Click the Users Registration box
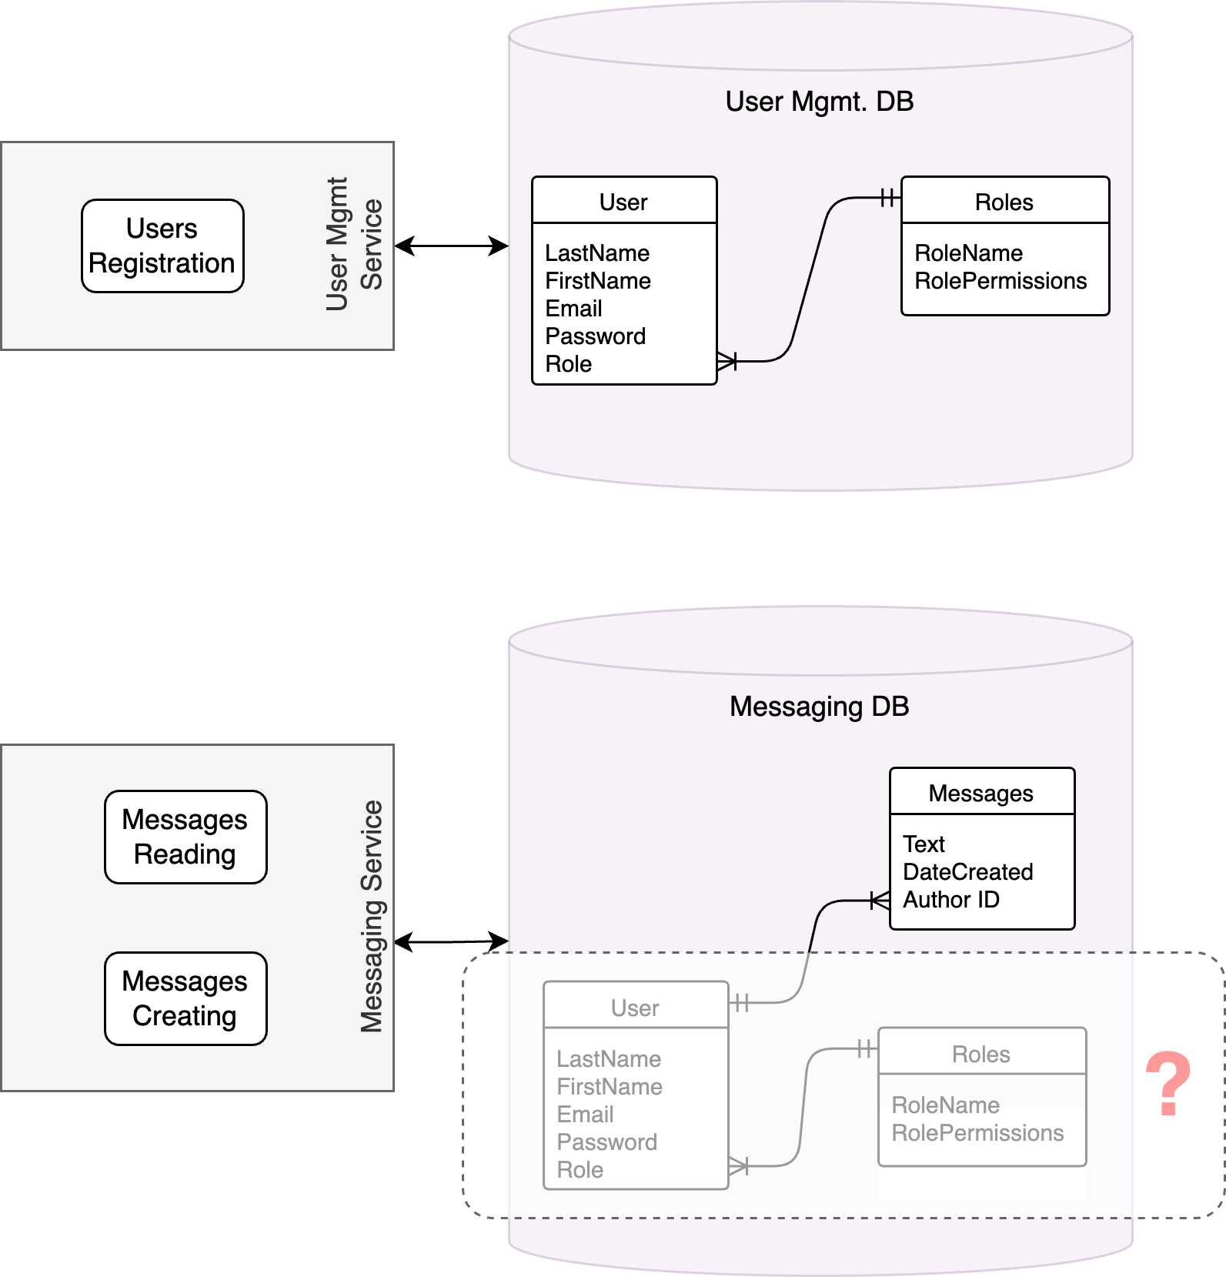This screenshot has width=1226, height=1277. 162,246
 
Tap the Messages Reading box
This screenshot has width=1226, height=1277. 185,837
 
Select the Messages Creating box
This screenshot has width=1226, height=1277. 185,998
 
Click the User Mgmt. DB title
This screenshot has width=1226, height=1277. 819,102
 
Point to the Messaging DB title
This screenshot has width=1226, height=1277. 819,706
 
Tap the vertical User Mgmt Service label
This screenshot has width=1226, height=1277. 353,244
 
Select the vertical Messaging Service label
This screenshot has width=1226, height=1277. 372,916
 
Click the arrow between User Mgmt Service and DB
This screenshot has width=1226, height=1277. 451,246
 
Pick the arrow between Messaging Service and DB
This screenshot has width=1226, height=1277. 451,941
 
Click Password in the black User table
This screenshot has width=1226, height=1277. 595,336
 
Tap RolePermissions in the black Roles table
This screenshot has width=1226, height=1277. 1000,281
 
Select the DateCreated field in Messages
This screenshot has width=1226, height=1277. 967,872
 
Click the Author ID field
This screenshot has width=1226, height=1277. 950,900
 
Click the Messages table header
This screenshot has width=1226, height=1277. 981,793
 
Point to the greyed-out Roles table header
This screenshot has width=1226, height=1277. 981,1054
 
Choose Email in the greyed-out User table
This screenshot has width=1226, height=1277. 585,1115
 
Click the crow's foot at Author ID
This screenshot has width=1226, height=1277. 880,901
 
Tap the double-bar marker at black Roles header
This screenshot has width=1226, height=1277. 888,198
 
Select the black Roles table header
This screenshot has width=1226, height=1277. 1004,202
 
